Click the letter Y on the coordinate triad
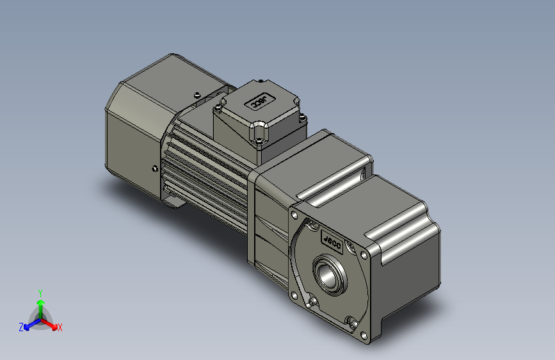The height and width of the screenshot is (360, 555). pos(40,291)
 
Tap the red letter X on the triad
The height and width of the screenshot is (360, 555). pos(60,327)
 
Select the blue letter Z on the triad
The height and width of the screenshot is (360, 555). pos(21,327)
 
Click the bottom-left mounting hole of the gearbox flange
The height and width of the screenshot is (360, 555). pos(293,295)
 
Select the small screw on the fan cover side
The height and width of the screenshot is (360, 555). pos(154,169)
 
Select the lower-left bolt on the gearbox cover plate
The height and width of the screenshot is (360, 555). pos(312,301)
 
